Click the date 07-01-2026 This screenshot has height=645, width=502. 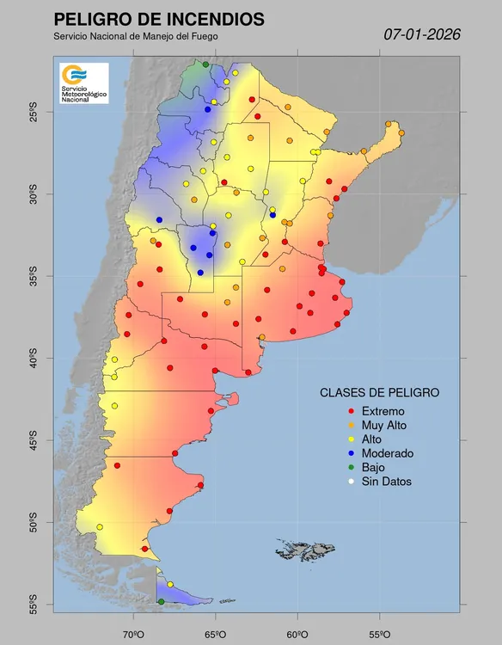(x=422, y=34)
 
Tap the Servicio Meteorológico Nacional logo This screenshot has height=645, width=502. (x=83, y=83)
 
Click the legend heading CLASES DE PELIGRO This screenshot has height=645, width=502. (x=379, y=392)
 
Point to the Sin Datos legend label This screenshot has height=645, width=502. (x=386, y=482)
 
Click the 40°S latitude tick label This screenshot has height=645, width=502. (x=32, y=358)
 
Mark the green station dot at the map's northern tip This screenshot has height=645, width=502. (x=205, y=64)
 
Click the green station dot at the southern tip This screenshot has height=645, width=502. (x=161, y=602)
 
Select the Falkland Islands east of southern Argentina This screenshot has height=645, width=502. (x=305, y=547)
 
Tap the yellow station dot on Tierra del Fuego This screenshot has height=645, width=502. (x=170, y=585)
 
